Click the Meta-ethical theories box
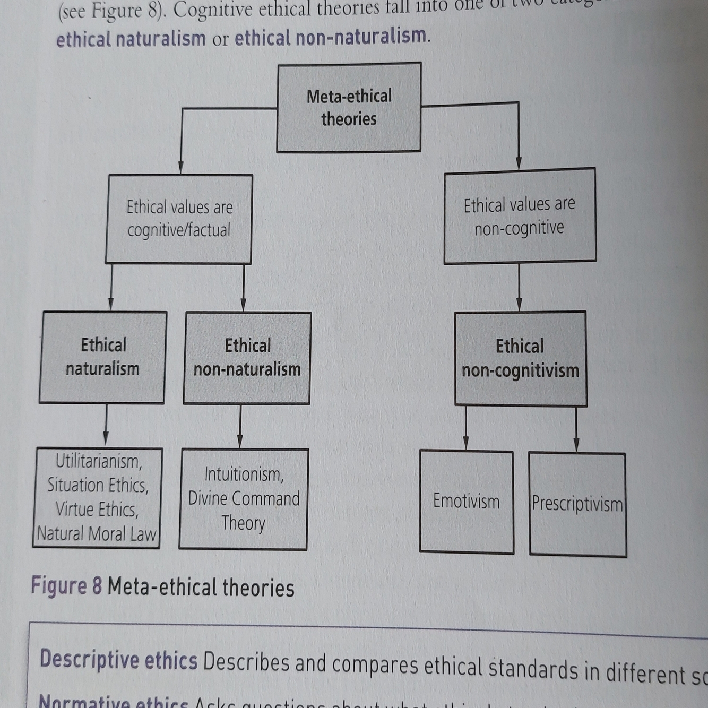point(349,108)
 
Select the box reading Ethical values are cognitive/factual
point(179,219)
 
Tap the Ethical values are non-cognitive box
point(520,215)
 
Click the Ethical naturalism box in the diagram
point(102,357)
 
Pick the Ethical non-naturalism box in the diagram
point(247,358)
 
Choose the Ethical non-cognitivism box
point(520,358)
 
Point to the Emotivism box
point(466,502)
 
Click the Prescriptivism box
point(577,504)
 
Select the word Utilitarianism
point(99,461)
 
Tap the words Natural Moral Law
point(97,533)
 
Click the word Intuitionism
point(244,474)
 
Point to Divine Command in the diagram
point(244,498)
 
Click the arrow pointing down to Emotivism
point(466,428)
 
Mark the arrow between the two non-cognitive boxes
point(519,287)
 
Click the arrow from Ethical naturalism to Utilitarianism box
point(106,425)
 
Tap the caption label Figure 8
point(66,585)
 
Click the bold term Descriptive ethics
point(118,660)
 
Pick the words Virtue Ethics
point(97,510)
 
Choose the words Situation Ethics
point(98,485)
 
